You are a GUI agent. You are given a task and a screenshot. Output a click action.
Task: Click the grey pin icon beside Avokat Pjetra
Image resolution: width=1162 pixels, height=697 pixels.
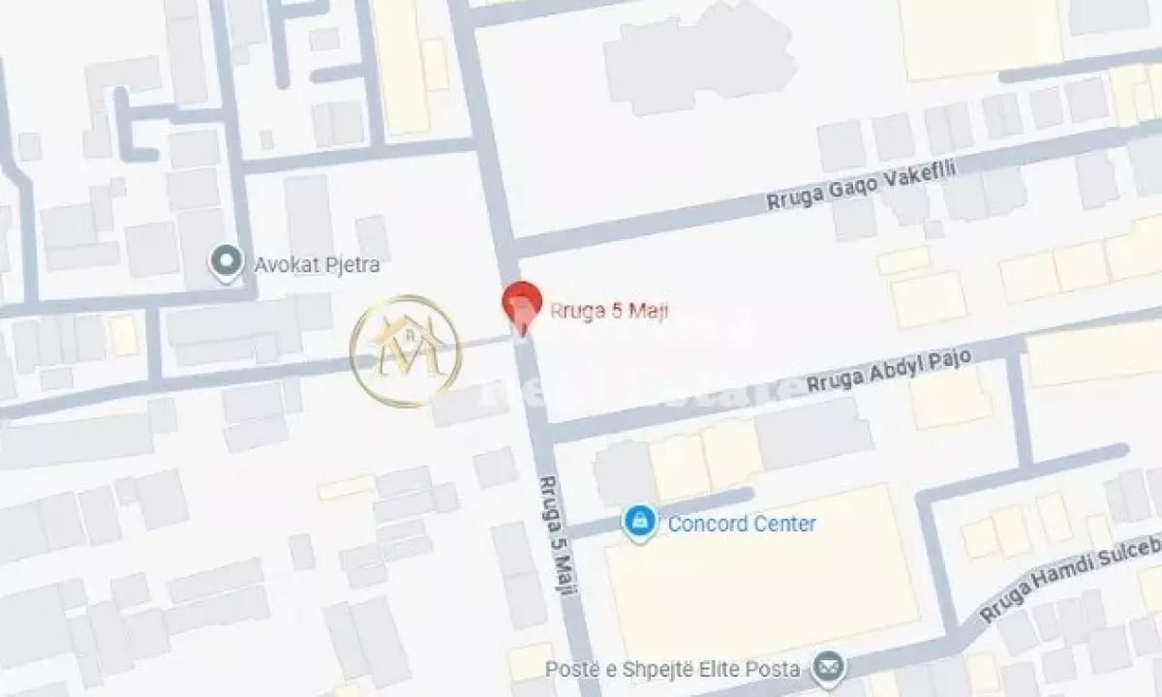tap(227, 261)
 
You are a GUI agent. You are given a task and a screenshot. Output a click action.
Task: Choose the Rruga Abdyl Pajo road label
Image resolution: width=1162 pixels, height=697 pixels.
tap(889, 371)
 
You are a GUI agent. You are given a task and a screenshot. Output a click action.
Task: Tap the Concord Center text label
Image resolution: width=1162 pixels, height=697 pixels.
tap(742, 524)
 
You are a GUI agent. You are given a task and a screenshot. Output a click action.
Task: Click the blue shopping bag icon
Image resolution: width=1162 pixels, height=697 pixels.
tap(639, 522)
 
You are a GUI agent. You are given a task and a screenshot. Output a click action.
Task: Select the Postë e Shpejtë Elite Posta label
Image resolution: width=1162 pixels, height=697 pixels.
tap(672, 668)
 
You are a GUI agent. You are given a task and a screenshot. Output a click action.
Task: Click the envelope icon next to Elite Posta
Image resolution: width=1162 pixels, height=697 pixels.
tap(828, 667)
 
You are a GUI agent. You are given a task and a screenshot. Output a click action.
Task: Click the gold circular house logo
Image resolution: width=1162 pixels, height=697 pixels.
tap(406, 349)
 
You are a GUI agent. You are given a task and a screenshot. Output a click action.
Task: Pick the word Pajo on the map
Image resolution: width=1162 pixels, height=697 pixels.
tap(948, 360)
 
